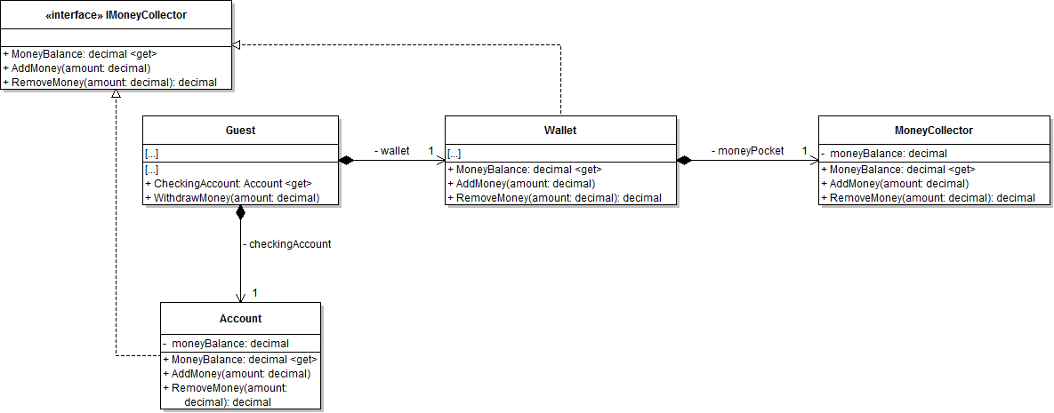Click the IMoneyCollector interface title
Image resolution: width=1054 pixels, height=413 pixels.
(116, 14)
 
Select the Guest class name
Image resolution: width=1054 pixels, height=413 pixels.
(240, 130)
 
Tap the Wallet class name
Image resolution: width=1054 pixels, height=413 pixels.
(560, 130)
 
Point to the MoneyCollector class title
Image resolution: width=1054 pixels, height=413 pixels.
(933, 130)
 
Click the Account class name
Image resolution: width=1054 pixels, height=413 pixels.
(240, 318)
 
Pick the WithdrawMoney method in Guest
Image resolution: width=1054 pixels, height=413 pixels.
(233, 198)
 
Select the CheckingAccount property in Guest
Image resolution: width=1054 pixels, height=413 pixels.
(229, 184)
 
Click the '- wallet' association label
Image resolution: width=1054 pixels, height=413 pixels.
(392, 151)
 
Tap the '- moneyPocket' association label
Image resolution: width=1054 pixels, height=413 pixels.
(747, 151)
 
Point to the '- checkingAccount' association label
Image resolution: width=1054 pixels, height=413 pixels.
(286, 243)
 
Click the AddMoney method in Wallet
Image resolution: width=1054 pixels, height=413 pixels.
(521, 184)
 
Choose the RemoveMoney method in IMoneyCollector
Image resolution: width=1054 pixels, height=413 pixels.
(110, 83)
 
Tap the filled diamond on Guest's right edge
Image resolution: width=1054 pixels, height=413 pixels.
(346, 160)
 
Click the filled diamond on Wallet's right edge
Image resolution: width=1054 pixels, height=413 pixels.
(684, 160)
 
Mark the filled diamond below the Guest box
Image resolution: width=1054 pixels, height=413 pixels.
(240, 212)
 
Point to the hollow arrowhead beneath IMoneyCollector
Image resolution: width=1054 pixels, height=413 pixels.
(116, 95)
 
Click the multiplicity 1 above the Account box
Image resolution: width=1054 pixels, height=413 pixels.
(254, 292)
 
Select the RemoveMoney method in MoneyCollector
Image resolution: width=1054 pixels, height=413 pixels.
(928, 198)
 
